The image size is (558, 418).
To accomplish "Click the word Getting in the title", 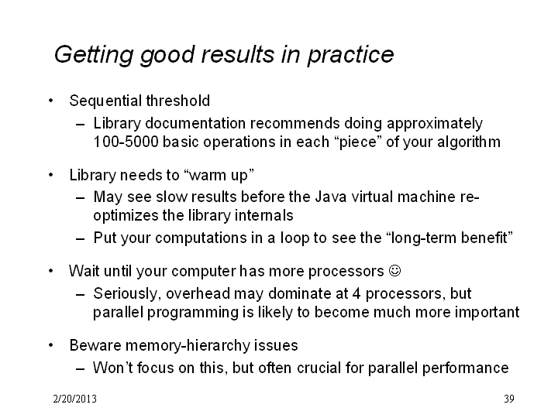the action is (94, 55).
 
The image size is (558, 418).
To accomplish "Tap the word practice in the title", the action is (350, 55).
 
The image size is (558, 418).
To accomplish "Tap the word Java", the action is (331, 197).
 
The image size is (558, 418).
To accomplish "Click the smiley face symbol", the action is (394, 270).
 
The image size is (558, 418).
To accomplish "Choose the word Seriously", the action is (127, 293).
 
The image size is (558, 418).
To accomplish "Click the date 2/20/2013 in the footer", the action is (74, 399).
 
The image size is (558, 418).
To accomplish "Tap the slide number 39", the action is (509, 399).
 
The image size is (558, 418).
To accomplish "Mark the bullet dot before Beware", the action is (51, 345).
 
